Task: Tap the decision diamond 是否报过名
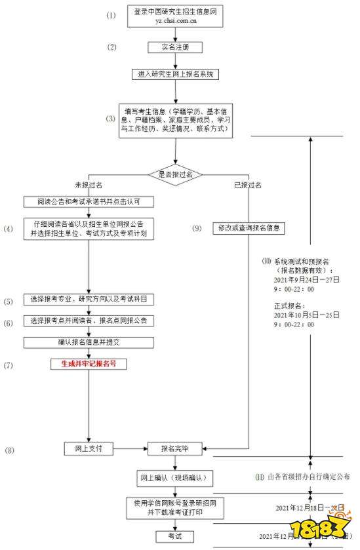click(175, 174)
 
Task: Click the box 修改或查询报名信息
click(249, 228)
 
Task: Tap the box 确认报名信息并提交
click(89, 342)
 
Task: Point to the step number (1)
click(111, 15)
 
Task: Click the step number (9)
click(197, 228)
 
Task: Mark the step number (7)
click(9, 364)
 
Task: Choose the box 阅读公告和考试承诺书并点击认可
click(89, 201)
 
